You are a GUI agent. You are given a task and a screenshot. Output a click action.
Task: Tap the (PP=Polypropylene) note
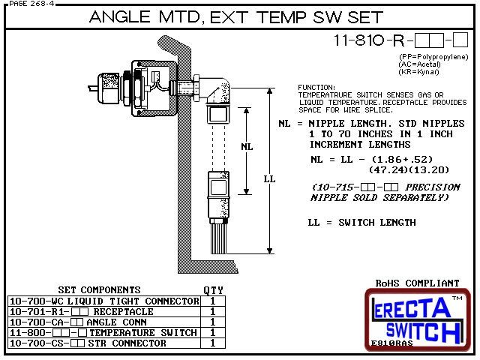coord(433,58)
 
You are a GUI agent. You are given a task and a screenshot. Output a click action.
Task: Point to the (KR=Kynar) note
coord(419,73)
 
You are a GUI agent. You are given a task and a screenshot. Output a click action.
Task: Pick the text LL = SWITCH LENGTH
coord(361,222)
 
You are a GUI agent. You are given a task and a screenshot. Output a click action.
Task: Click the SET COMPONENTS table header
coord(99,289)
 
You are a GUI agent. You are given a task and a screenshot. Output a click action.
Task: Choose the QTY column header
coord(213,289)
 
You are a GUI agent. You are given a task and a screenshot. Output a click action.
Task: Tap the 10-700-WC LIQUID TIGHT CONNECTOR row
coord(104,301)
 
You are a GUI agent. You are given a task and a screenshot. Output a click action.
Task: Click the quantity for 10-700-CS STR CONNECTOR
coord(213,343)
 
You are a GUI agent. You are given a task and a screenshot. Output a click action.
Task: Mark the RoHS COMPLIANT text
coord(417,283)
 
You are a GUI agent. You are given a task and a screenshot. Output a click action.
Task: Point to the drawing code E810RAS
coord(391,343)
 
